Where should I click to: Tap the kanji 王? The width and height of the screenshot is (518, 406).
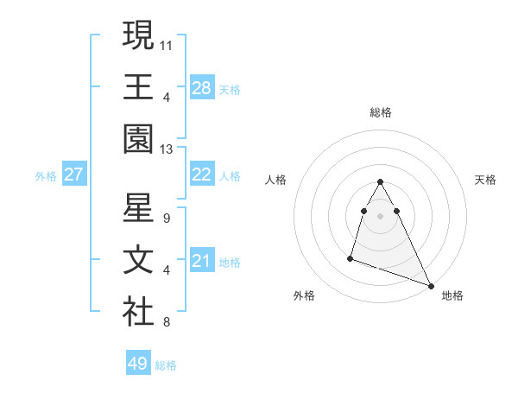click(138, 86)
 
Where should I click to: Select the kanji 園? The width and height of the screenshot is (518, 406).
click(138, 138)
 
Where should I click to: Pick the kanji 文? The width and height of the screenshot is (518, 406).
click(138, 260)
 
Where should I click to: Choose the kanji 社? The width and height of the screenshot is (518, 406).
click(138, 312)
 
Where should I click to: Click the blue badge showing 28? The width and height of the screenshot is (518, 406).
click(201, 88)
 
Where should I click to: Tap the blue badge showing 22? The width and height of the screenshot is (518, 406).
click(201, 174)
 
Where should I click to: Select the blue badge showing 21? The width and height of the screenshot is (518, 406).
click(201, 261)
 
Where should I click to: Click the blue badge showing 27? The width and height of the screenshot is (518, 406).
click(73, 174)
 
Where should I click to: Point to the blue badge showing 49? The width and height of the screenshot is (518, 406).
click(137, 364)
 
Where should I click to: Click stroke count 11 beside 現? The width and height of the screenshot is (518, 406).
click(167, 43)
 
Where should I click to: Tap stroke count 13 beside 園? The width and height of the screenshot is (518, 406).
click(167, 149)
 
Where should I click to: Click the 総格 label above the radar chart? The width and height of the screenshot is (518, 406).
click(381, 112)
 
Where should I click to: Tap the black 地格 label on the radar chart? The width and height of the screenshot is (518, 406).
click(452, 295)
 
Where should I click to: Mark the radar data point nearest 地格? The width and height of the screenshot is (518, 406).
click(431, 286)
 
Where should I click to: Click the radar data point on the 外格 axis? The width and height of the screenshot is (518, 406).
click(351, 257)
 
